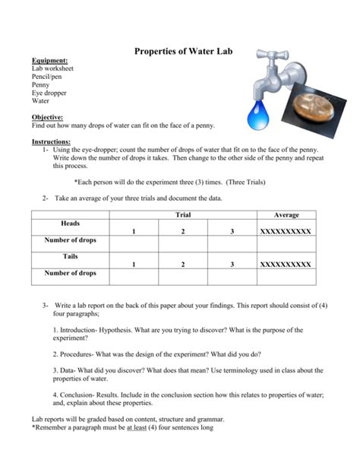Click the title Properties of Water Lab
click(x=183, y=52)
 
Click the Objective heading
click(x=48, y=119)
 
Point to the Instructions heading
click(x=52, y=141)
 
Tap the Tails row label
click(x=71, y=257)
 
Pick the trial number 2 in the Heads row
click(x=183, y=230)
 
